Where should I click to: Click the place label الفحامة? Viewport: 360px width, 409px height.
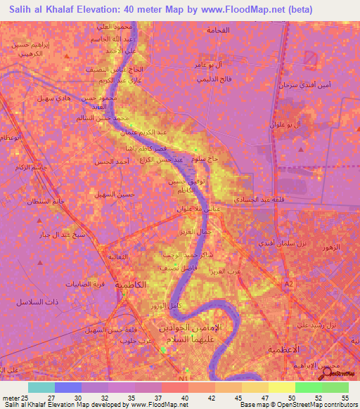tap(218, 31)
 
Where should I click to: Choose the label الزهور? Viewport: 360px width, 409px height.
tap(331, 247)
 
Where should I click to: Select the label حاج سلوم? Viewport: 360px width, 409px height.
tap(208, 159)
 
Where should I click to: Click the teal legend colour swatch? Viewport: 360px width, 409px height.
tap(41, 387)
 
